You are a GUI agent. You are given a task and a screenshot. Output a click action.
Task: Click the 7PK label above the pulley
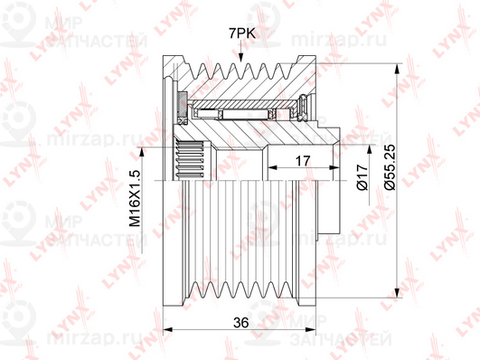point(242,33)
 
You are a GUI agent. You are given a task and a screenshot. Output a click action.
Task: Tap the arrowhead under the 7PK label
point(241,57)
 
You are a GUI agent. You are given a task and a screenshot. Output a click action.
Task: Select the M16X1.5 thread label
point(135,198)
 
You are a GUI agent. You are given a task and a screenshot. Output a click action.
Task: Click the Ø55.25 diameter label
point(390,167)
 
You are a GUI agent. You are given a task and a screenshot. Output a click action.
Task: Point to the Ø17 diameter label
point(362,177)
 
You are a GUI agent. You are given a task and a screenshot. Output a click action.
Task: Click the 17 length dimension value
point(303,161)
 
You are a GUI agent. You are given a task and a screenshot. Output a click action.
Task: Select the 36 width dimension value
point(241,322)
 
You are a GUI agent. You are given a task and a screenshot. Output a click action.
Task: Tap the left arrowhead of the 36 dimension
point(168,329)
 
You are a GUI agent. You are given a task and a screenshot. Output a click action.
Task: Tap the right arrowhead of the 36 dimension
point(311,329)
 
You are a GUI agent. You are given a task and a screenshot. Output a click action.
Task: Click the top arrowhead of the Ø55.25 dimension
point(398,69)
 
